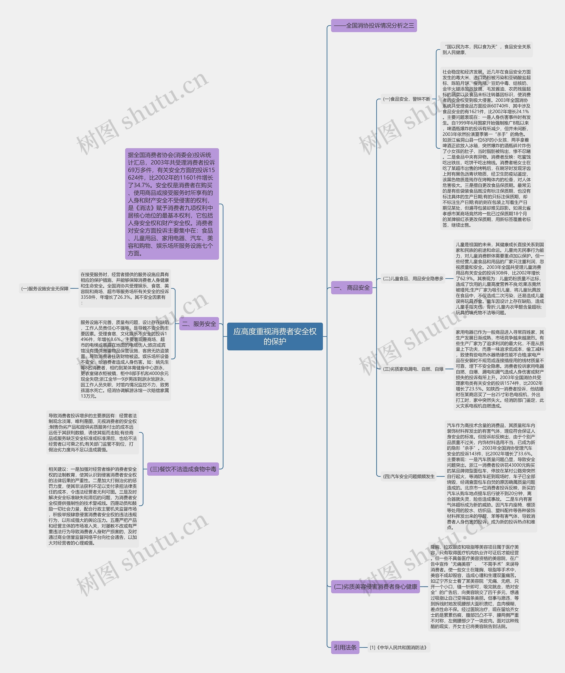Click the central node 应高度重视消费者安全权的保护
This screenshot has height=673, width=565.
275,336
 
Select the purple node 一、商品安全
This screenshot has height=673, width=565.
351,287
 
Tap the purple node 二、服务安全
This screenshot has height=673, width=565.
199,324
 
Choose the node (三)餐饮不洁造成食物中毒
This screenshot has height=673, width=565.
183,469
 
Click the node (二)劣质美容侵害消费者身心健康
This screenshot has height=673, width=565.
375,586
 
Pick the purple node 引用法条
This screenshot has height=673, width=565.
345,647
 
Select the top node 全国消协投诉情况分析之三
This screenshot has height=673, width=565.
374,26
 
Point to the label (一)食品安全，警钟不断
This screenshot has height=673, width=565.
407,99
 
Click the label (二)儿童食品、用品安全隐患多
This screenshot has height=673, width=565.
413,278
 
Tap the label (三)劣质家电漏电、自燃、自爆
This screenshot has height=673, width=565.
413,369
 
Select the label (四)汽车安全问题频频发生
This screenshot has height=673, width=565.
409,476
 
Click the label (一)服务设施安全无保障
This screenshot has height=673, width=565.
45,288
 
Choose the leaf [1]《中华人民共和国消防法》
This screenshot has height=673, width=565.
398,647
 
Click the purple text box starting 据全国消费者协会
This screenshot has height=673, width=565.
172,204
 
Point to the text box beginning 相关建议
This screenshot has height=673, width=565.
92,506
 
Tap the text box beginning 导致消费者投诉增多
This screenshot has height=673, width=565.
92,432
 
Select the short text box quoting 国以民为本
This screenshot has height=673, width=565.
486,49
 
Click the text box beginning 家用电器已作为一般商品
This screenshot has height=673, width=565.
500,369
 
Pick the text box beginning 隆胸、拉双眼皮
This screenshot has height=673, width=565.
474,586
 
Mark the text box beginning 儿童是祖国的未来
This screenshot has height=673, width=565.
500,278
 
